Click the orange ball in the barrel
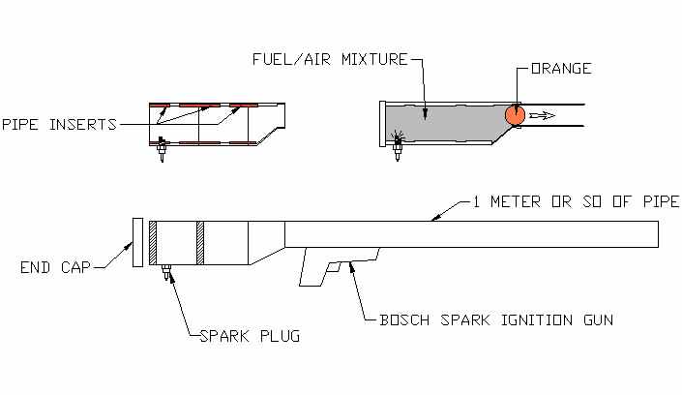(x=515, y=115)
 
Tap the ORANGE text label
(x=561, y=69)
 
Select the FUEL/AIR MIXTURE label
(x=330, y=59)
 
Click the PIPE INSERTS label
(x=60, y=125)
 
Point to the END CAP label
(x=55, y=267)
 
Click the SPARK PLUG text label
(x=250, y=336)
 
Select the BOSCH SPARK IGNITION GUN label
(x=496, y=320)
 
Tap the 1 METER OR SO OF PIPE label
(x=576, y=201)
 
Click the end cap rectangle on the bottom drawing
(x=138, y=242)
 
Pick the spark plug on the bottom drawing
(x=165, y=273)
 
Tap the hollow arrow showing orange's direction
(x=542, y=115)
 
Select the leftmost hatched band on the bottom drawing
(x=153, y=243)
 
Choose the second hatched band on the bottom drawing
(x=200, y=243)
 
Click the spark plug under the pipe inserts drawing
(x=163, y=149)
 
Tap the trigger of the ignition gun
(x=334, y=267)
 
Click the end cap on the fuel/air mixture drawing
(x=383, y=124)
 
